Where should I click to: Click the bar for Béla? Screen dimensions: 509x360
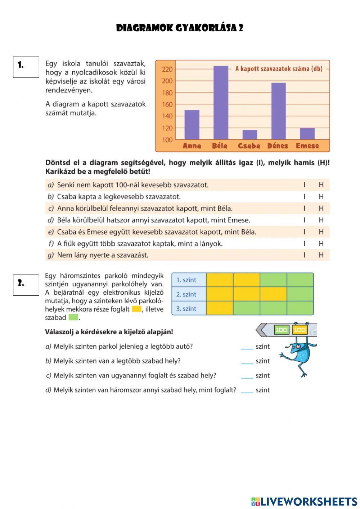tap(221, 103)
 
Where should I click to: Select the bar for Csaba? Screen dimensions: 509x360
tap(249, 135)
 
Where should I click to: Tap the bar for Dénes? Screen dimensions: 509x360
tap(278, 111)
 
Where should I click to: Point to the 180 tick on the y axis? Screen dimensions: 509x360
tap(167, 93)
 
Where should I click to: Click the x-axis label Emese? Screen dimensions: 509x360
tap(307, 146)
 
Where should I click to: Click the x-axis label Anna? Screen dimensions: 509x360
tap(192, 146)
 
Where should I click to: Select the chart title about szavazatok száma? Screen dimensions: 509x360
tap(278, 68)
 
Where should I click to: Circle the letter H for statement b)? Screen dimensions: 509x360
tap(321, 197)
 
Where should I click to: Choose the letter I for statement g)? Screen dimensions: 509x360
tap(305, 255)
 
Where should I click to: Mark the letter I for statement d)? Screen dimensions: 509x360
tap(305, 220)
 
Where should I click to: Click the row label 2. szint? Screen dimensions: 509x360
tap(186, 294)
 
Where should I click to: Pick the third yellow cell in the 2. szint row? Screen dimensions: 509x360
tap(273, 294)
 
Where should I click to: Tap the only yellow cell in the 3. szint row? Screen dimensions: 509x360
tap(220, 308)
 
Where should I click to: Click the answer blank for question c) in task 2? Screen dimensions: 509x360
tap(247, 376)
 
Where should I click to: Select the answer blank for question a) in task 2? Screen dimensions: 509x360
tap(247, 347)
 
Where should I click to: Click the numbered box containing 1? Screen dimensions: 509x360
tap(26, 67)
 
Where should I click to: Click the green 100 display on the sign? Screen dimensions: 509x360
tap(281, 330)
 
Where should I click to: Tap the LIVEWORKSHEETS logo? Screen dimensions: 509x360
tap(304, 501)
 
